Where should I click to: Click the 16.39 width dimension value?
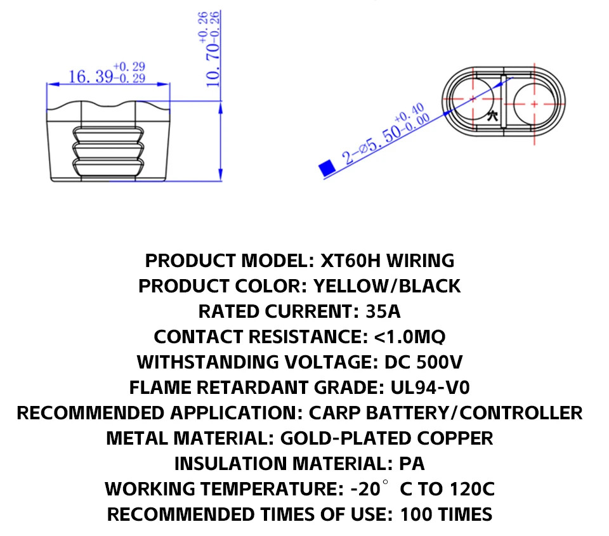coord(91,77)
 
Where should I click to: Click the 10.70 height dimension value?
coord(213,65)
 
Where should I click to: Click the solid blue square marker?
coord(327,168)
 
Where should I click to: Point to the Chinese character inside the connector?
coord(492,115)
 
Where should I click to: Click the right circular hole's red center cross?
coord(534,104)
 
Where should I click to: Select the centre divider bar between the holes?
coord(503,101)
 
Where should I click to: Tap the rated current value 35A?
coord(383,311)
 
